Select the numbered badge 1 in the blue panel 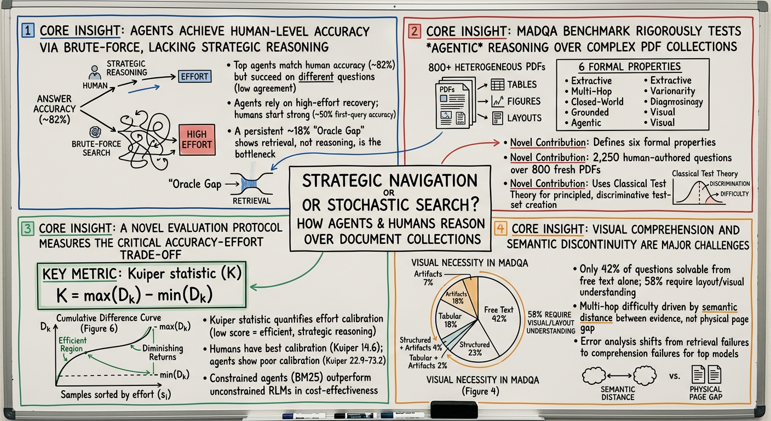click(x=27, y=32)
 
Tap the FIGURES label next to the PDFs click(x=523, y=101)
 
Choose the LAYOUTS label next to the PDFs click(x=524, y=117)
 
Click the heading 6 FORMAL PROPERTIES click(x=630, y=67)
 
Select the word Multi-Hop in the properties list click(x=591, y=91)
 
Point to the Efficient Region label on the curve click(x=72, y=344)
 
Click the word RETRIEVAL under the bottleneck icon click(x=252, y=201)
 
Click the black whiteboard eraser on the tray click(x=454, y=409)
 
